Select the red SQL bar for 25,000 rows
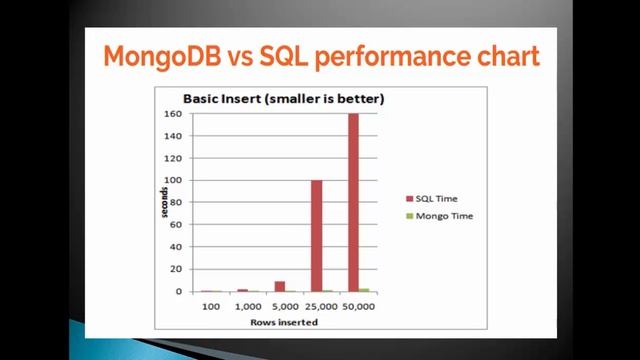tap(316, 236)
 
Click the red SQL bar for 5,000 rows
tap(280, 286)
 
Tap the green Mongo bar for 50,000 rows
tap(364, 290)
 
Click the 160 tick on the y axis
tap(172, 114)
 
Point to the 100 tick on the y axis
tap(172, 181)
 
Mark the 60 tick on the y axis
tap(175, 225)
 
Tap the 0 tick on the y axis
tap(178, 292)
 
